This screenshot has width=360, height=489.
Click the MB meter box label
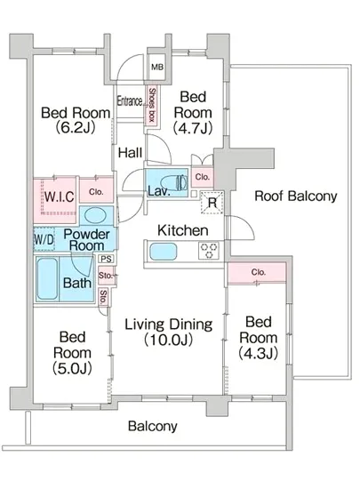(x=157, y=67)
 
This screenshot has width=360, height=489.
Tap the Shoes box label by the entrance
(x=152, y=105)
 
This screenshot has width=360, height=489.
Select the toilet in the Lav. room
(x=174, y=182)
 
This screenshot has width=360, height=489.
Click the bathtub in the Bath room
(x=47, y=279)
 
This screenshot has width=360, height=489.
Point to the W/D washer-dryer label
(x=44, y=239)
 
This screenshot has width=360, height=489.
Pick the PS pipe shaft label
(x=106, y=259)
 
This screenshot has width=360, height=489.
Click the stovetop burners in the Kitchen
(x=209, y=251)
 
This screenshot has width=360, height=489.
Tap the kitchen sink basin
(x=164, y=252)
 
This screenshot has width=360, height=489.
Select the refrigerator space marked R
(x=212, y=203)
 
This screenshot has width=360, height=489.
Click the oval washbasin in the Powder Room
(x=96, y=215)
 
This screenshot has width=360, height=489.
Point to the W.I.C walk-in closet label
(x=60, y=196)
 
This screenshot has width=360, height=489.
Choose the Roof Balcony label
(x=296, y=196)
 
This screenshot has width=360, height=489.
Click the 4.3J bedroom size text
(x=258, y=354)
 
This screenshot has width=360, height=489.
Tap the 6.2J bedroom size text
(x=76, y=128)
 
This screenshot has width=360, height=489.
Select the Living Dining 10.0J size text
(x=168, y=340)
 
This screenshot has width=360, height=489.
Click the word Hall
(x=131, y=153)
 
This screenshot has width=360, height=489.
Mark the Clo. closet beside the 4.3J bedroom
(x=258, y=273)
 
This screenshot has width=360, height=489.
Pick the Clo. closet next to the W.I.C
(x=96, y=190)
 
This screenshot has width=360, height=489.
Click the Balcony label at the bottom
(x=153, y=426)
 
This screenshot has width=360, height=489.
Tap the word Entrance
(x=130, y=100)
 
